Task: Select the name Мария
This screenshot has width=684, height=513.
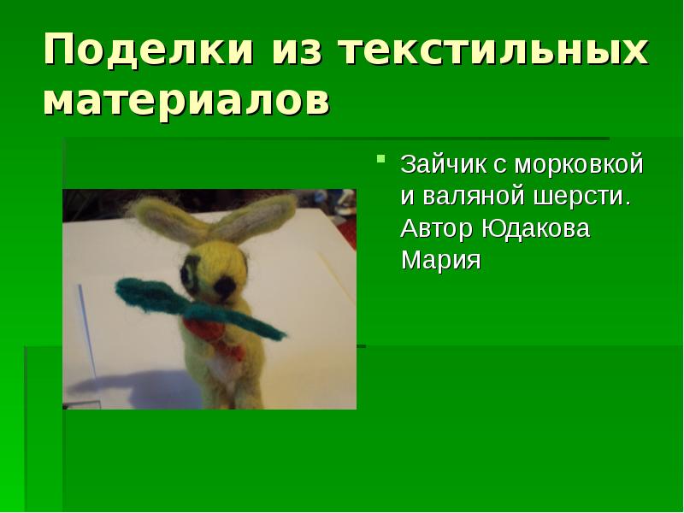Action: [441, 259]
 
